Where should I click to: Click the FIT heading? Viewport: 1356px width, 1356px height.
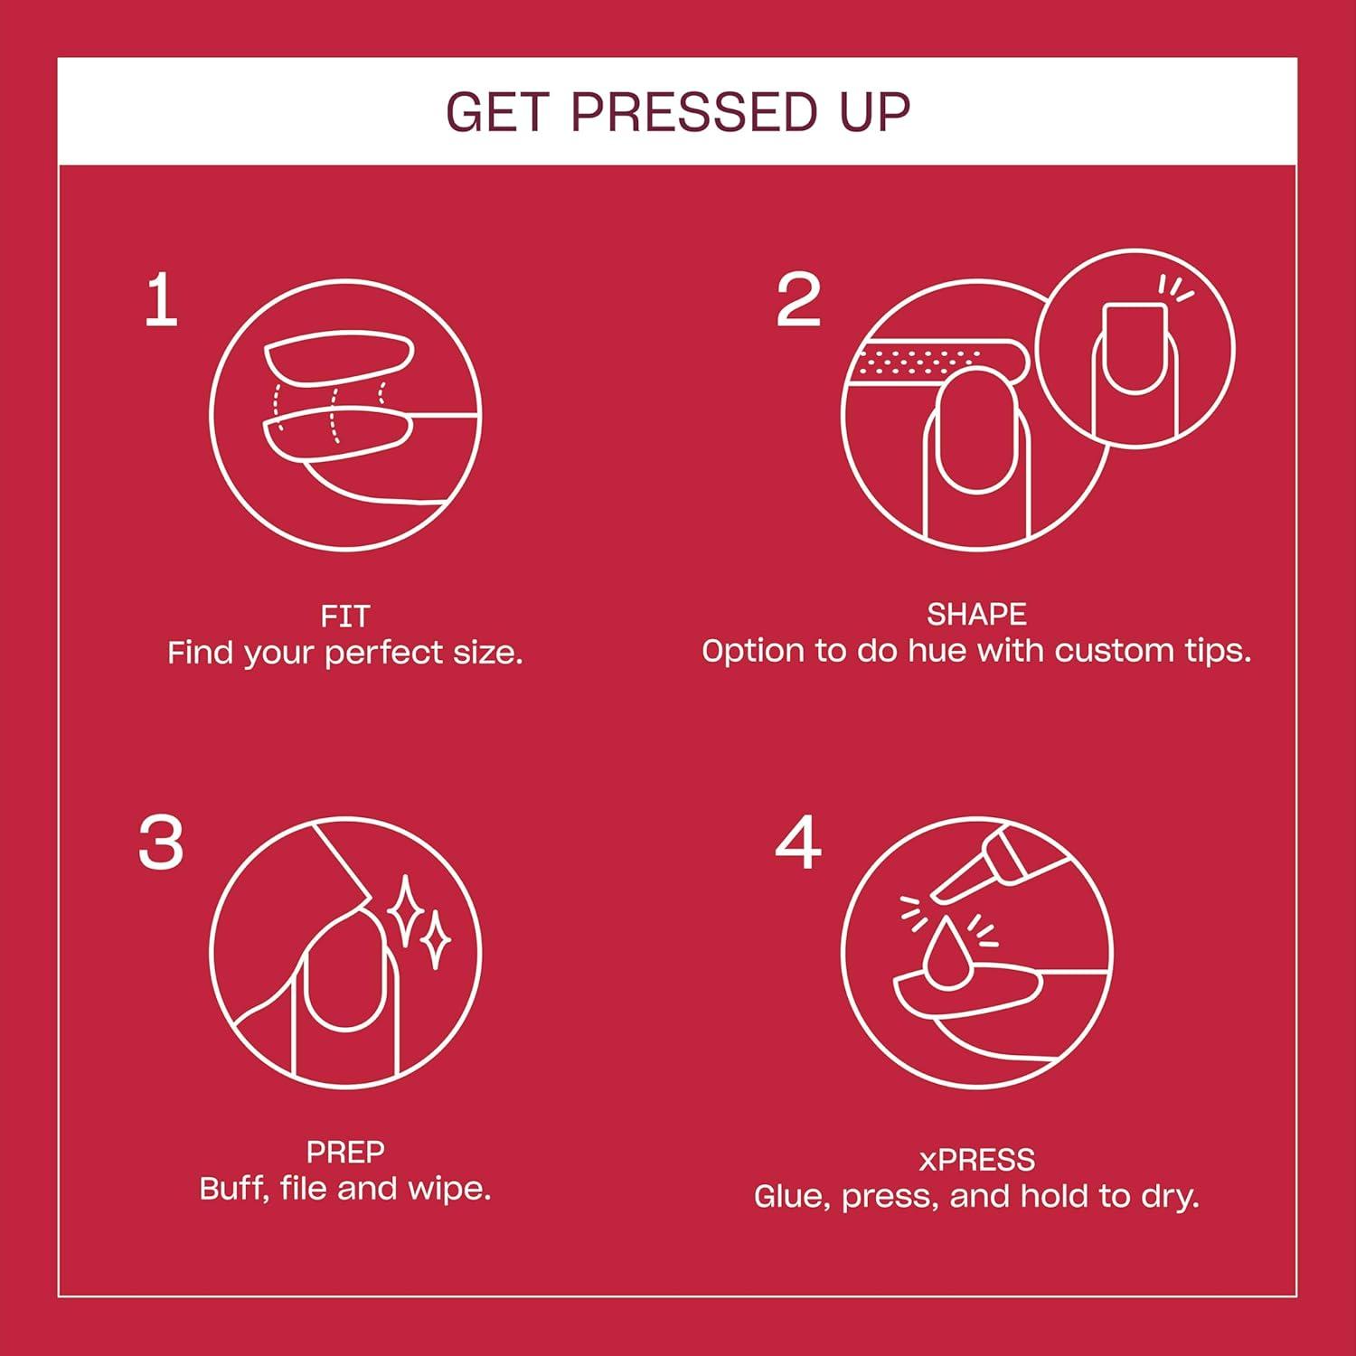click(x=344, y=617)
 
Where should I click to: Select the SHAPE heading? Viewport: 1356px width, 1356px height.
click(x=976, y=615)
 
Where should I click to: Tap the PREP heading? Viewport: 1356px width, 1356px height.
click(x=344, y=1152)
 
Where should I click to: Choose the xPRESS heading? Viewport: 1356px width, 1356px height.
click(x=976, y=1160)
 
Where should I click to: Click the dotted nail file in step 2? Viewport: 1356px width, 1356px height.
click(x=931, y=363)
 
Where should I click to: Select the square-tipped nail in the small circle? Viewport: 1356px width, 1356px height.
click(x=1135, y=348)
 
